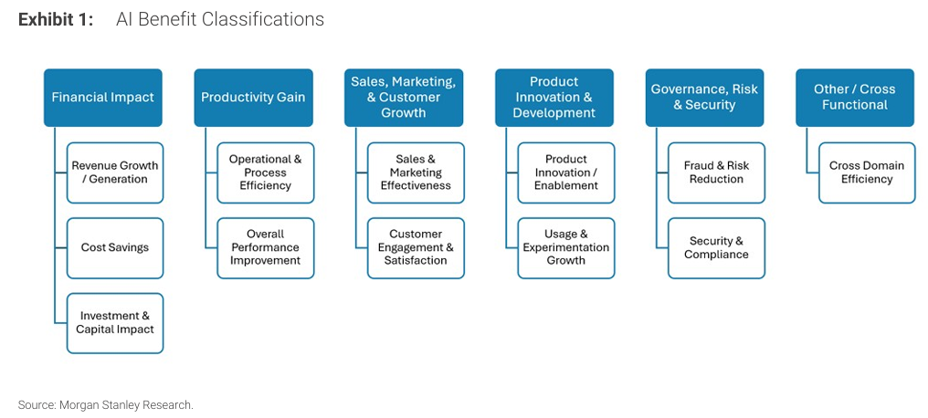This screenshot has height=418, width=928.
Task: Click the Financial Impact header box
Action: point(103,98)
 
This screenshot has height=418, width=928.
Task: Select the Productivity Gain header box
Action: point(253,98)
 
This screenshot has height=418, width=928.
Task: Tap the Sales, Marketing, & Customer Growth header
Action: point(403,98)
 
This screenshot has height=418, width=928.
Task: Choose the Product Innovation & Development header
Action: point(554,98)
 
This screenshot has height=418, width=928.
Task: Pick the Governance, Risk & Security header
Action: point(704,98)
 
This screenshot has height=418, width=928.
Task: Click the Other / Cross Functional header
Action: point(854,98)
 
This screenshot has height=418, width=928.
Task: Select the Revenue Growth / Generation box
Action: point(115,172)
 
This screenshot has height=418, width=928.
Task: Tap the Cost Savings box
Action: point(115,247)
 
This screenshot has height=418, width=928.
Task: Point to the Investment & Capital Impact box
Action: point(115,323)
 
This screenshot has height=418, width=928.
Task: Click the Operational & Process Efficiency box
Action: point(265,172)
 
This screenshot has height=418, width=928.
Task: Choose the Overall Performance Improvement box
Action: point(265,247)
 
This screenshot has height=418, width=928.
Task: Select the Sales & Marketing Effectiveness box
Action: point(416,172)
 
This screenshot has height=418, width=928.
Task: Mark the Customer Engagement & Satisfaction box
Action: point(416,247)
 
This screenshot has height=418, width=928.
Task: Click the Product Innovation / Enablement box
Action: point(565,172)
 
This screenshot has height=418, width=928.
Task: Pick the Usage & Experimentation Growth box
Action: point(565,247)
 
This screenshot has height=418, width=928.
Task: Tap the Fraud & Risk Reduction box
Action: point(716,172)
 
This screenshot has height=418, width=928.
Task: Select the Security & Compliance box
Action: point(716,247)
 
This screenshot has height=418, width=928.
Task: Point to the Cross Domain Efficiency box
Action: point(867,172)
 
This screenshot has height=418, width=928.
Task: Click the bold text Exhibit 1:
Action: point(56,19)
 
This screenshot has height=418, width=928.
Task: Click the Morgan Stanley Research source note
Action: point(106,404)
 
